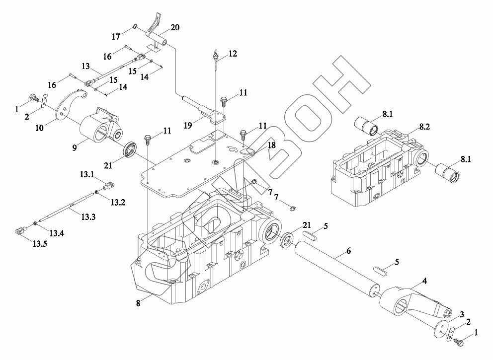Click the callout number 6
click(348, 252)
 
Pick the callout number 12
click(233, 54)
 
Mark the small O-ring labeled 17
click(135, 27)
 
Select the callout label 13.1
click(87, 175)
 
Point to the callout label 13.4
click(56, 233)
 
